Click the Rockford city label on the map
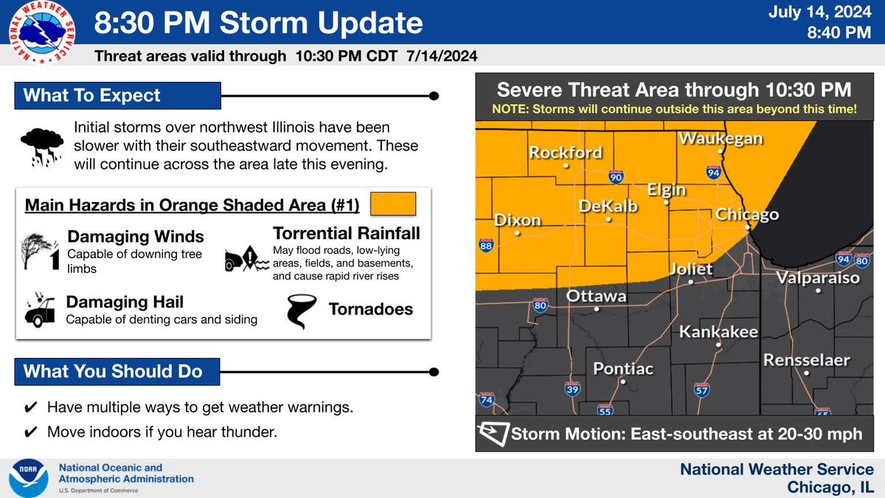coord(565,153)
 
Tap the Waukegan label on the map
coord(720,138)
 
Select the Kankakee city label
coord(718,332)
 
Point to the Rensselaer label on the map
coord(807,360)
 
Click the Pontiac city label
coord(624,368)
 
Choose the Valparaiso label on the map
coord(817,278)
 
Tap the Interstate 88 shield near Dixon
coord(486,247)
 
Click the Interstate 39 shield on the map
coord(573,389)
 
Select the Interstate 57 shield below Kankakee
coord(701,390)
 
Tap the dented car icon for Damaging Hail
coord(41,311)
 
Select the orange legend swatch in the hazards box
coord(393,203)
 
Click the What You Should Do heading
coord(113,371)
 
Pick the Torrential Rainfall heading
coord(346,234)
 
